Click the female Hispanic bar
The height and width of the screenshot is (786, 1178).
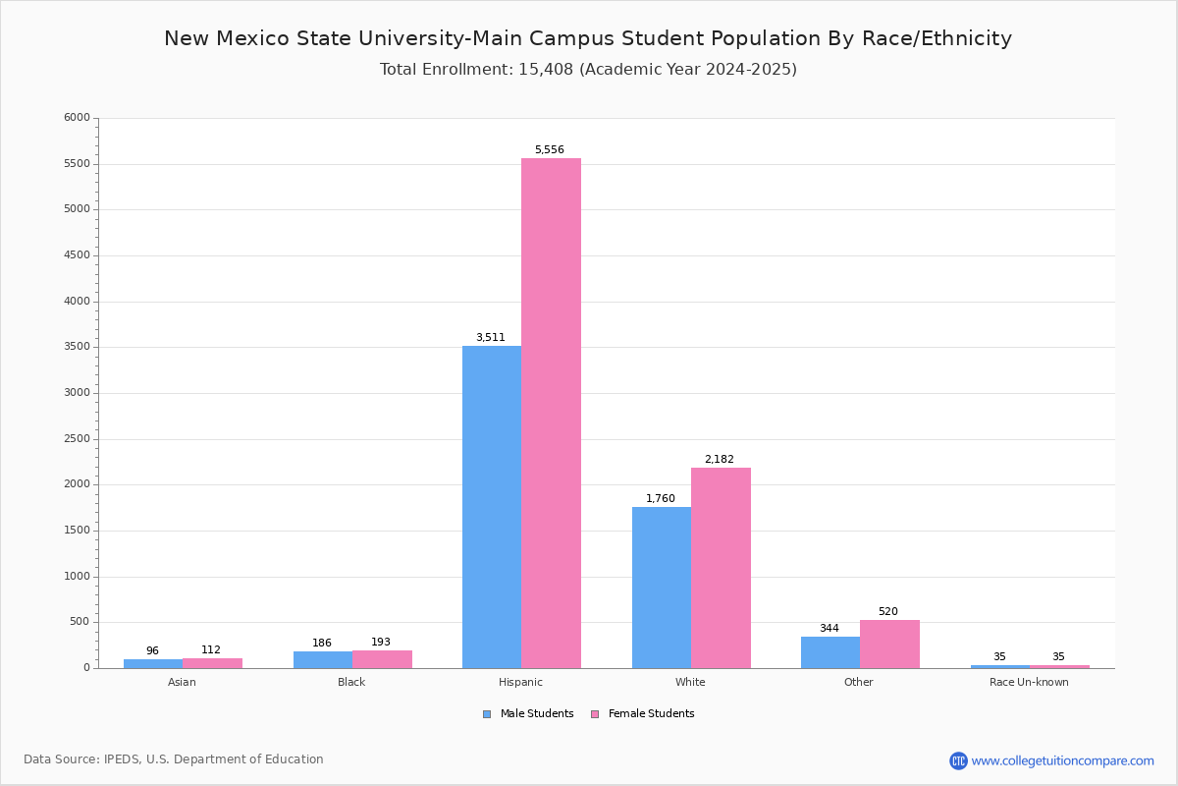[x=551, y=413]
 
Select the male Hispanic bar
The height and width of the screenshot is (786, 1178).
[x=492, y=507]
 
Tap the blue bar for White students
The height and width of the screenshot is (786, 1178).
[x=662, y=588]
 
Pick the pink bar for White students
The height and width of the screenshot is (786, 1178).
[x=721, y=568]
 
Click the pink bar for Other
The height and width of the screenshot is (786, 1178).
[x=889, y=644]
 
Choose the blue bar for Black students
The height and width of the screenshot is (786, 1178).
[x=323, y=659]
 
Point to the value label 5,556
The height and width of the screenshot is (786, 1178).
[x=549, y=150]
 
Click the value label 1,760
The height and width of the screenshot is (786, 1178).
[x=660, y=499]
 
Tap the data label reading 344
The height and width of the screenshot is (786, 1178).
[x=830, y=629]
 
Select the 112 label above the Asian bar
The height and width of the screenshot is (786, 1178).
[x=211, y=650]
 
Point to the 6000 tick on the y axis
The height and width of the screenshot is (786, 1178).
[x=77, y=118]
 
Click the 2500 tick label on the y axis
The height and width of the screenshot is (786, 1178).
[x=77, y=439]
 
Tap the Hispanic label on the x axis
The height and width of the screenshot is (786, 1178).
[x=520, y=683]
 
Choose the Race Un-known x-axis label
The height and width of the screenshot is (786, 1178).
[x=1029, y=683]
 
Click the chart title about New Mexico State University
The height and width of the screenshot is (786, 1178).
[x=588, y=39]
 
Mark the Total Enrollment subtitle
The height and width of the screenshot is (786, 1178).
[x=588, y=70]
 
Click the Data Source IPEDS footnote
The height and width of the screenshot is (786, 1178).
[x=174, y=759]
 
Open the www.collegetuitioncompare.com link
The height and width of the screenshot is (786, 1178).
[x=1062, y=760]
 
